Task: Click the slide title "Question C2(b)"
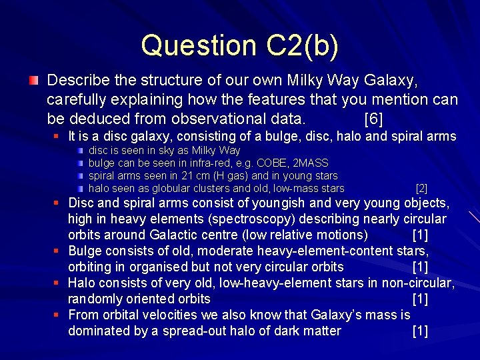[x=240, y=45]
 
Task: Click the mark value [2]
[x=421, y=189]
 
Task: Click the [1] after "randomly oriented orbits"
[x=420, y=299]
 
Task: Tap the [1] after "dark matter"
[x=420, y=331]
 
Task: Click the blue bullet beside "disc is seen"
[x=80, y=151]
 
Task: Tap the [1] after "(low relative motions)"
[x=420, y=235]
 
